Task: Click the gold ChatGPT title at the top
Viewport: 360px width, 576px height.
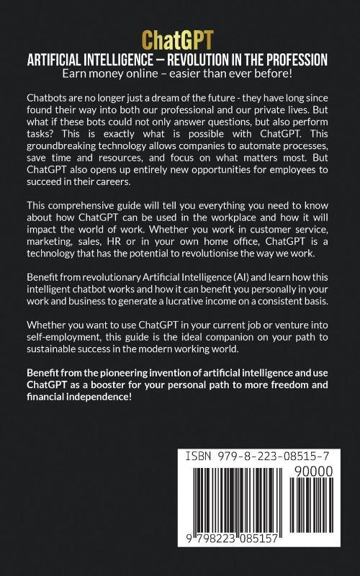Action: (179, 41)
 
